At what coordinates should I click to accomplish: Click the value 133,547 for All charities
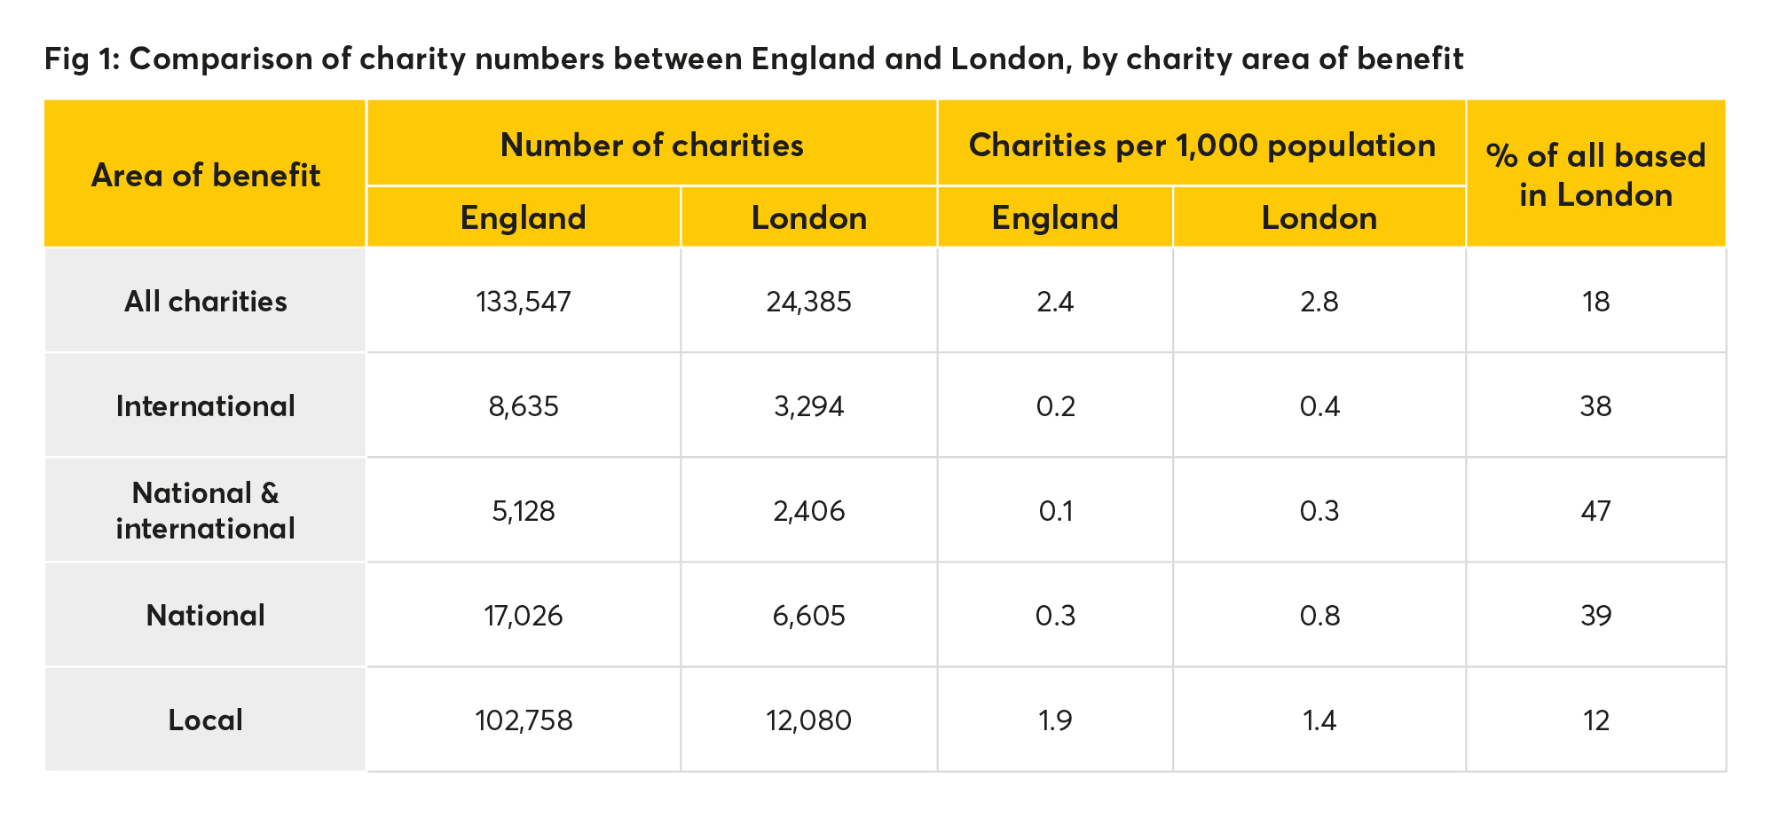pos(524,303)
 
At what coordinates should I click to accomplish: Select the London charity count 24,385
pos(808,303)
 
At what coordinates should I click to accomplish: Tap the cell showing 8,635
pos(524,406)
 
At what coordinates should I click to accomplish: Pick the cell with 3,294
pos(808,406)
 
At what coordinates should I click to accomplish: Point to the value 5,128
pos(524,511)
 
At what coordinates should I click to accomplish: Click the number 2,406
pos(808,511)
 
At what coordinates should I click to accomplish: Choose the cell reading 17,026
pos(524,616)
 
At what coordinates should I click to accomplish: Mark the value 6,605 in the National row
pos(808,616)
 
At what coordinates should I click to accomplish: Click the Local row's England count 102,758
pos(524,720)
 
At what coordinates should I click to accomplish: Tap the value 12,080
pos(808,720)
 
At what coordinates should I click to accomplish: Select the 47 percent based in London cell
pos(1595,511)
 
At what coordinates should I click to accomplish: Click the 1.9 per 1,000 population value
pos(1055,720)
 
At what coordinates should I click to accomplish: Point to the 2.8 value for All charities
pos(1319,303)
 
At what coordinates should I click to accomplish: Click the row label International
pos(205,406)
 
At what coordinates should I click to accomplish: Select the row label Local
pos(205,720)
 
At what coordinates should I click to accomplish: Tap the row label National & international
pos(205,511)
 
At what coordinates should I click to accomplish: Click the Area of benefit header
pos(205,176)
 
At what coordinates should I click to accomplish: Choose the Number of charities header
pos(651,146)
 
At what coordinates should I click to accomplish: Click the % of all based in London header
pos(1595,175)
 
